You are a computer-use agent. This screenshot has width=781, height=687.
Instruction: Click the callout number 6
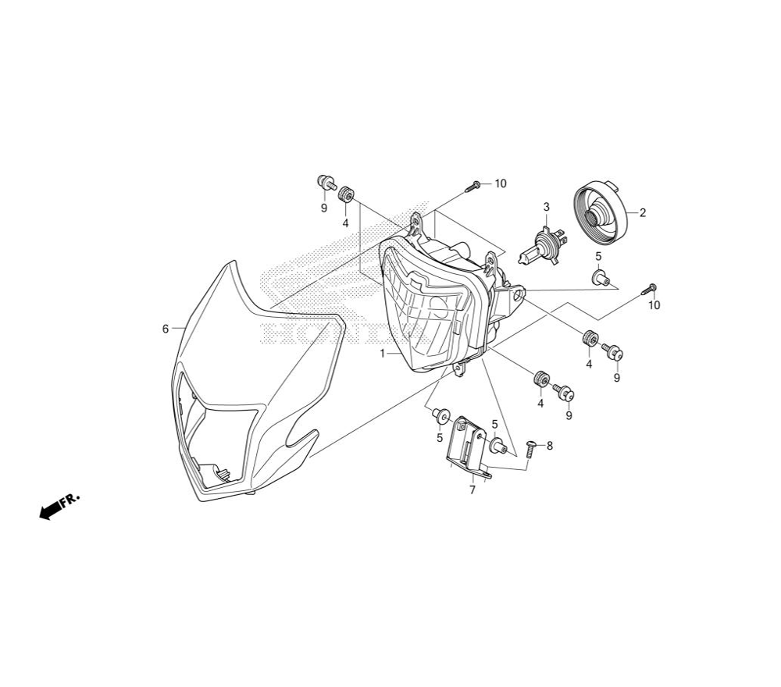[x=166, y=329]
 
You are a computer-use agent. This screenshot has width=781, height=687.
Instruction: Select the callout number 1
[x=382, y=354]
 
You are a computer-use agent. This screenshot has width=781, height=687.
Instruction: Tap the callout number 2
[x=643, y=213]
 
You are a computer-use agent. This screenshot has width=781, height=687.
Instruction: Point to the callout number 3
[x=547, y=207]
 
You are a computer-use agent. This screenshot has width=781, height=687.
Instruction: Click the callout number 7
[x=473, y=489]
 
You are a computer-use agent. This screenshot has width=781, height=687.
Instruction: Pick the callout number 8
[x=549, y=446]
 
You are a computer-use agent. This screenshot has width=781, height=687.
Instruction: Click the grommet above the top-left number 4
[x=346, y=194]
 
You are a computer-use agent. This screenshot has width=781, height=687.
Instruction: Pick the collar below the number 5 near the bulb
[x=600, y=278]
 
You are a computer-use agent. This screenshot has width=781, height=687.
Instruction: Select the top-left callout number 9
[x=324, y=208]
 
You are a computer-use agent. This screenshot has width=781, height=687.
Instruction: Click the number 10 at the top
[x=501, y=183]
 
